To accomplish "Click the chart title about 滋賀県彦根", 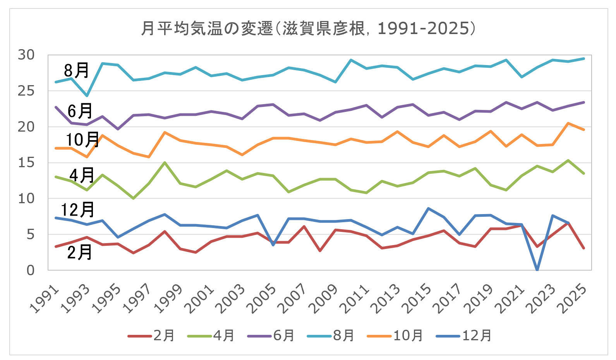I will (x=308, y=29).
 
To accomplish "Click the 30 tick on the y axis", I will (x=26, y=55).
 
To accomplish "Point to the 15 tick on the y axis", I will (x=26, y=163).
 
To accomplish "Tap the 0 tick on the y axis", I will (x=31, y=270).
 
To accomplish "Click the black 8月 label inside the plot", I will (x=77, y=70).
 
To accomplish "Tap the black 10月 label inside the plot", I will (x=82, y=139).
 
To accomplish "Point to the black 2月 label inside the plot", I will (x=79, y=252).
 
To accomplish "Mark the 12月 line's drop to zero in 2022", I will (x=537, y=269).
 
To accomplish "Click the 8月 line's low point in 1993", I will (x=87, y=96).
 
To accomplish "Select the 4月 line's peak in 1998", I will (x=165, y=163).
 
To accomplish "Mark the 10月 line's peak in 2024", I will (x=568, y=123).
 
